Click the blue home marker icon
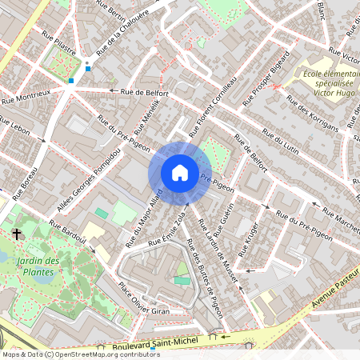click(x=180, y=173)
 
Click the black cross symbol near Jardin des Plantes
click(x=16, y=234)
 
